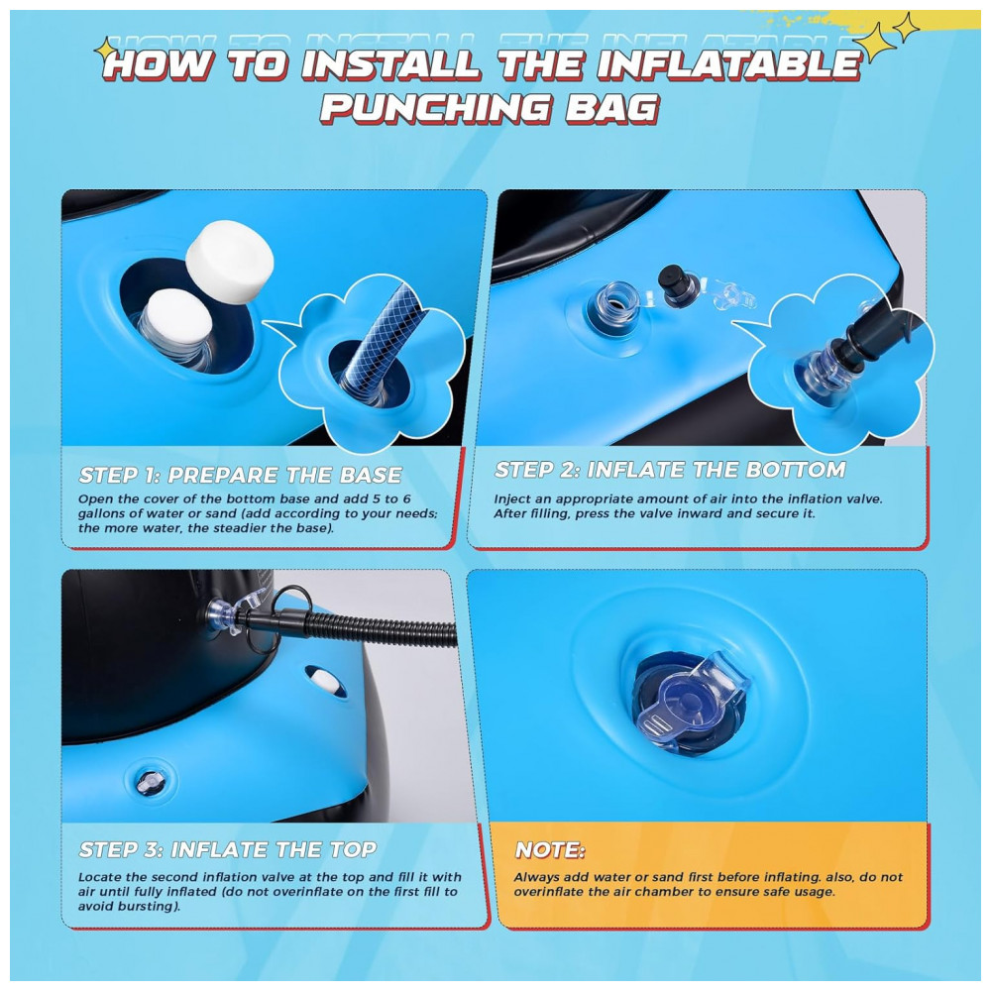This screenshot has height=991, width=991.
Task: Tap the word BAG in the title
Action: point(611,108)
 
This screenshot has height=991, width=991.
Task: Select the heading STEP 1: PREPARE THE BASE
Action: point(240,475)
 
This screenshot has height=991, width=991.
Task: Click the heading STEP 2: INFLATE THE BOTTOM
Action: point(670,470)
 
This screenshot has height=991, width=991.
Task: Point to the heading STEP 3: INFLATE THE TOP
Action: point(228,849)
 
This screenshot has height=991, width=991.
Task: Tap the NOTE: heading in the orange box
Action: point(550,850)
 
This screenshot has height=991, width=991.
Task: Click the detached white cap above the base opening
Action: point(230,254)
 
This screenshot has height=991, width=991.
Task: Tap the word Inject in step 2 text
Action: point(511,499)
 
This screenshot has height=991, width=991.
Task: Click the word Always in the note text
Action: point(535,878)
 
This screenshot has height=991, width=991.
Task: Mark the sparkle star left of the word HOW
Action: point(105,50)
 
